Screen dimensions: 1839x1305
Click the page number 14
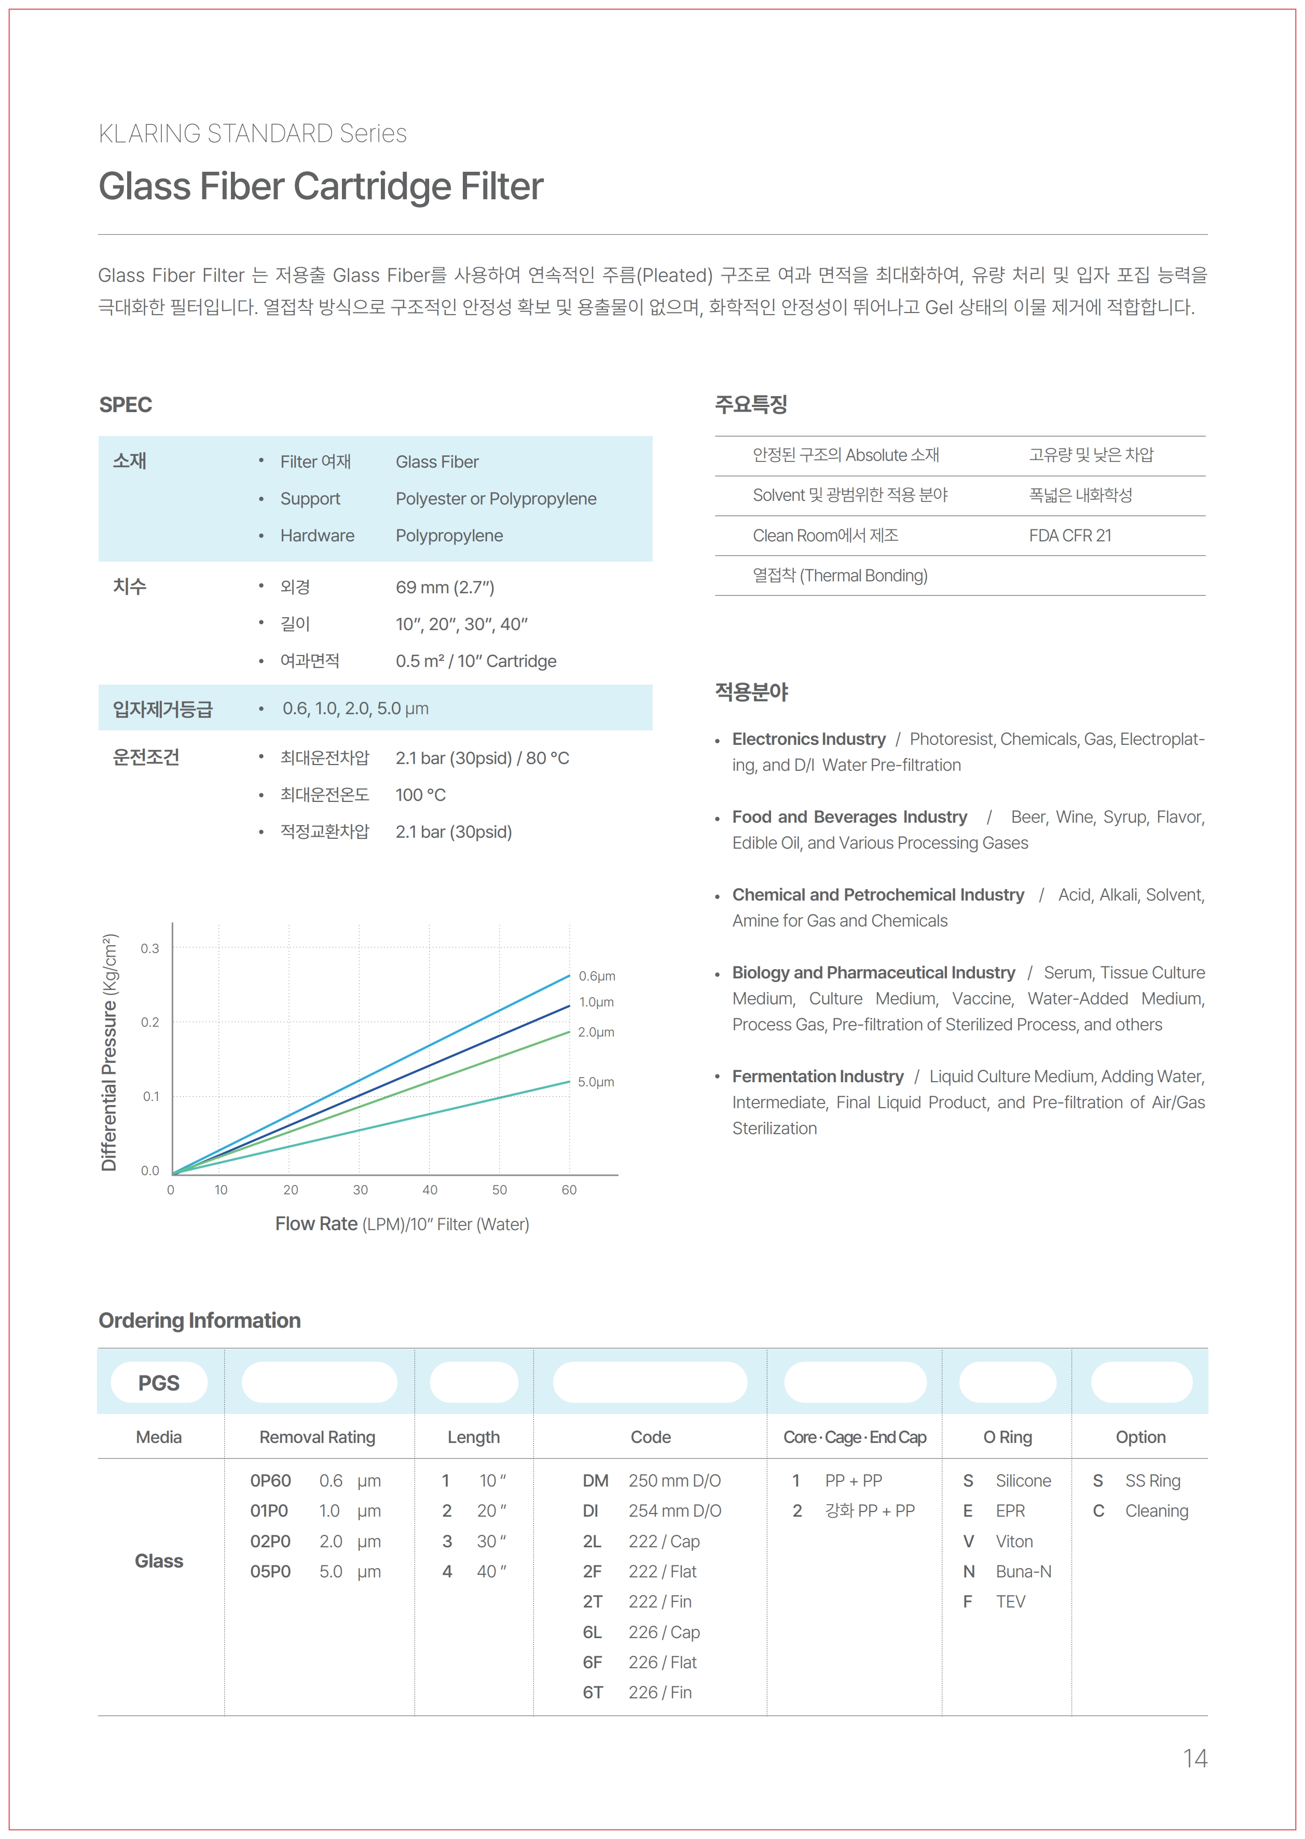(1194, 1758)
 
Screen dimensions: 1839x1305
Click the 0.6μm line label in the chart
(597, 976)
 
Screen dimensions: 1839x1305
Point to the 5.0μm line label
(596, 1082)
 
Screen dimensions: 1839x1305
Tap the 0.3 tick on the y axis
(150, 948)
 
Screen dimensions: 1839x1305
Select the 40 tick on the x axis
(430, 1190)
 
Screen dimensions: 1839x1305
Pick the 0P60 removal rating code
(271, 1480)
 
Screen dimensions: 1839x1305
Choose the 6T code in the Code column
(593, 1692)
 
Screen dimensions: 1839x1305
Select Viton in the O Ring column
(1014, 1541)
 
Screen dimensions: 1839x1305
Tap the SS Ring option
(1152, 1480)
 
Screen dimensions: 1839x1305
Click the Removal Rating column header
(318, 1437)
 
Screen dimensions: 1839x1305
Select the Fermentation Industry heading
(817, 1076)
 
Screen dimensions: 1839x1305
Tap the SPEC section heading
(126, 404)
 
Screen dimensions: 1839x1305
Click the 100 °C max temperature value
(420, 795)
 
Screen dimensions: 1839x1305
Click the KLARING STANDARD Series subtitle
(252, 133)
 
